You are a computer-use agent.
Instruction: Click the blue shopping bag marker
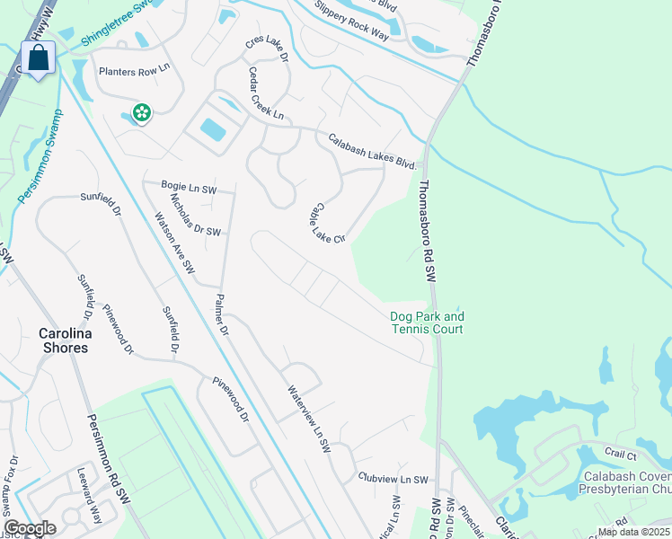coord(39,59)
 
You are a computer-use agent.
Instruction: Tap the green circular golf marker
coord(141,113)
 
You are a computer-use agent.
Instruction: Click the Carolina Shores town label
coord(64,340)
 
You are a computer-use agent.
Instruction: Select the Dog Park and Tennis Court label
coord(427,323)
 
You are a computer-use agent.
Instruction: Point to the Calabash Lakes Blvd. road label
coord(373,151)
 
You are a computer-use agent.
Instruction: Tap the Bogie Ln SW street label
coord(189,188)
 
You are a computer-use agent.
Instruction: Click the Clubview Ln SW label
coord(393,480)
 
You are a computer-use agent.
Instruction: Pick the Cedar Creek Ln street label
coord(266,94)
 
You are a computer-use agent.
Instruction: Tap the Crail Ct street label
coord(620,455)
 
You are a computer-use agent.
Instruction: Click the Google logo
coord(31,528)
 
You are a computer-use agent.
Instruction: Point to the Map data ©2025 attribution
coord(633,532)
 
